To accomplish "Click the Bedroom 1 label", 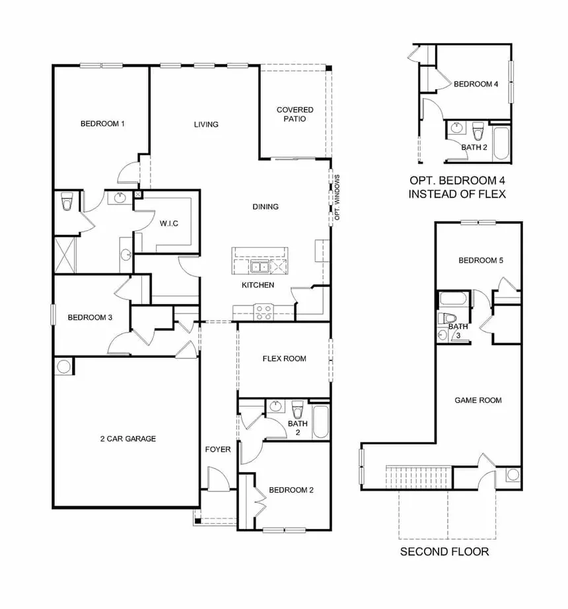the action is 102,124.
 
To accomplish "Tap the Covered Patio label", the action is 295,114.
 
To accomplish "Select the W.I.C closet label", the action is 169,223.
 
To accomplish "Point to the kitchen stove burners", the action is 264,313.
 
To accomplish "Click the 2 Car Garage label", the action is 128,438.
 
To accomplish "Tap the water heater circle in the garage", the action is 63,366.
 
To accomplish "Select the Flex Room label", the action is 285,358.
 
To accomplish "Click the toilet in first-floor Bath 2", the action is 297,409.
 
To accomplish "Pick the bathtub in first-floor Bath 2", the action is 320,422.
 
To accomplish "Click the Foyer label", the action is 218,450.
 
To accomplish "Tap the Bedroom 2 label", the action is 291,490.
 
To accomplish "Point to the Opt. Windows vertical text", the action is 337,197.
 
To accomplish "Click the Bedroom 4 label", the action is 476,84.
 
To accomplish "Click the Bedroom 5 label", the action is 481,261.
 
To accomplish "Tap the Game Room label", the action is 478,400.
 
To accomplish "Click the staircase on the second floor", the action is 419,477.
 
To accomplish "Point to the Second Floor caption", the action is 444,551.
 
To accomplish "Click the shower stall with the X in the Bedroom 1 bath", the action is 65,255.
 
